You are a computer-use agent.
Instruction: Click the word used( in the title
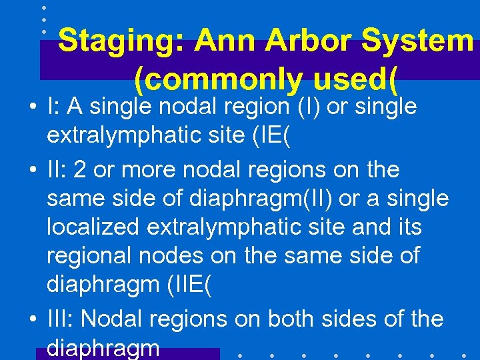click(353, 81)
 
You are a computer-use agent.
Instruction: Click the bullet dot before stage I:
click(33, 107)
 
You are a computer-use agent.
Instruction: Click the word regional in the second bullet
click(88, 256)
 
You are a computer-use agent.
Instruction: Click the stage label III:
click(60, 319)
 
